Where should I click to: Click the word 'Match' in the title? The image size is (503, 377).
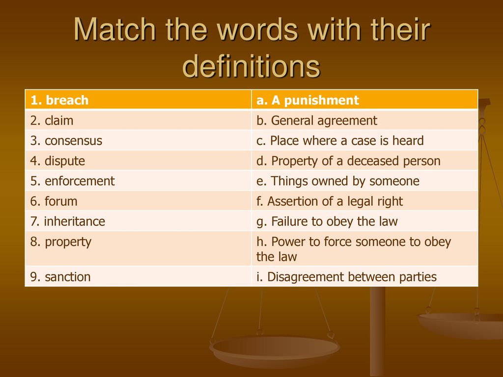115,29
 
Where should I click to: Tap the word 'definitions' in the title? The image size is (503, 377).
251,66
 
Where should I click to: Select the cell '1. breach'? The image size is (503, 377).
138,100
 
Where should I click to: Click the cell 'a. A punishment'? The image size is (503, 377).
365,100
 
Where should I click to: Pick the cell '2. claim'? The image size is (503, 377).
138,120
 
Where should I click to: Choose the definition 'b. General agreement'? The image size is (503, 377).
365,120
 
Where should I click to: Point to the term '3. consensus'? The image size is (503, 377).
66,141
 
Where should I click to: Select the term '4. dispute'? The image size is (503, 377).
57,161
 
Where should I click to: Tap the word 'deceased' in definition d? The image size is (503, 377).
373,161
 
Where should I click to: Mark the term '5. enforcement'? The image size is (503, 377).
72,181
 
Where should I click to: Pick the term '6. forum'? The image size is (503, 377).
54,201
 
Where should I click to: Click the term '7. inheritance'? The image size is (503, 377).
67,221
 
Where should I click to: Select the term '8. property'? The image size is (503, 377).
60,242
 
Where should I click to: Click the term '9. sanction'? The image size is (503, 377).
60,277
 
